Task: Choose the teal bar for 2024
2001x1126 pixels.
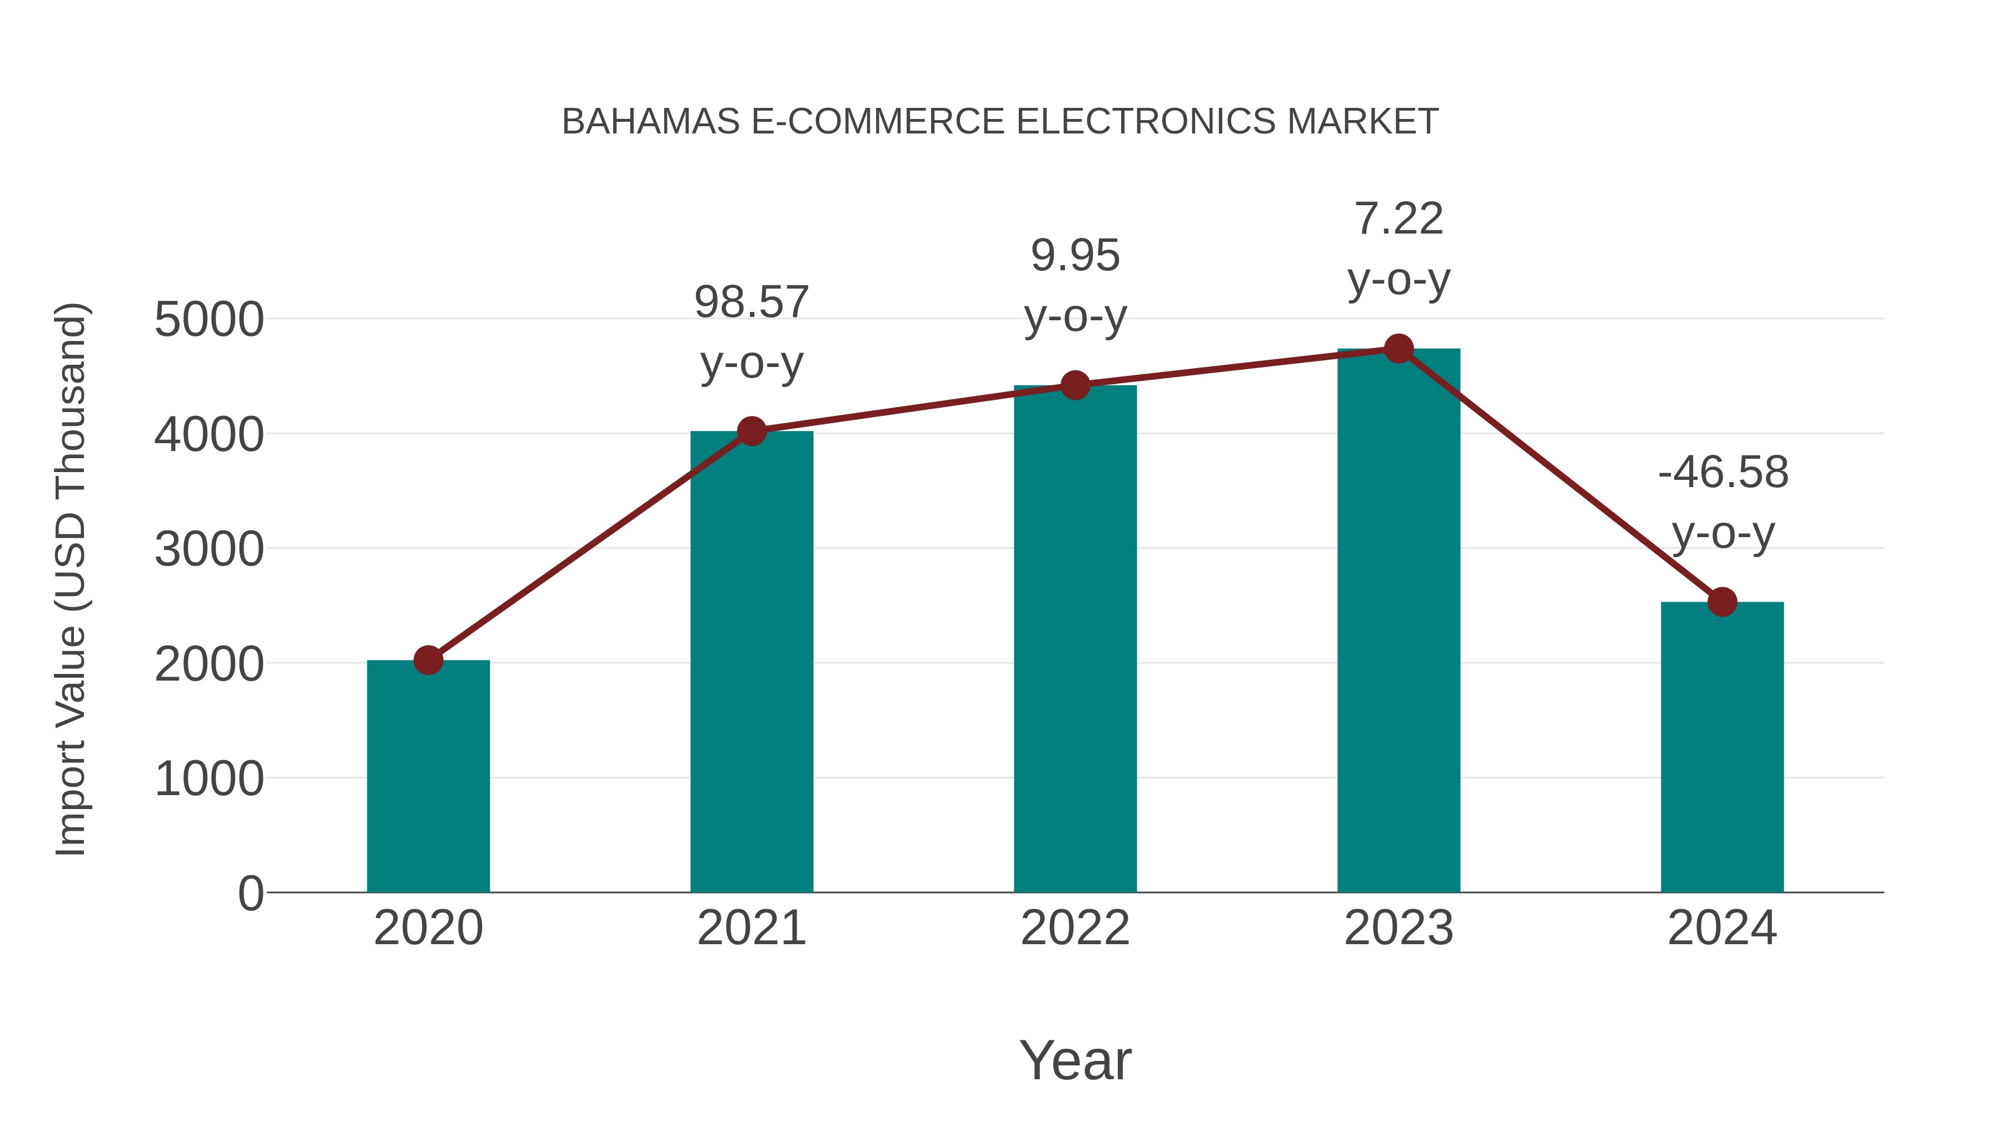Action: (x=1722, y=747)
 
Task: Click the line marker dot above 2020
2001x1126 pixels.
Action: (x=428, y=661)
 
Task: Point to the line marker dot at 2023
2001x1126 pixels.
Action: (x=1398, y=349)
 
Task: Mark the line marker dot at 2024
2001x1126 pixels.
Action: (x=1722, y=602)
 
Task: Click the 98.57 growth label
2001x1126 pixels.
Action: (x=751, y=302)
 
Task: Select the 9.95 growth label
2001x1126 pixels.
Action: (x=1075, y=256)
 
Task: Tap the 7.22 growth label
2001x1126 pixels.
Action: (x=1398, y=219)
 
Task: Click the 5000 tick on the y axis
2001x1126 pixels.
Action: (x=209, y=319)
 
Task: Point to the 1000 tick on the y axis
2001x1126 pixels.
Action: (x=209, y=778)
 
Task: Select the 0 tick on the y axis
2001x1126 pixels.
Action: (x=251, y=893)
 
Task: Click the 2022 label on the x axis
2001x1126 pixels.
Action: (x=1075, y=928)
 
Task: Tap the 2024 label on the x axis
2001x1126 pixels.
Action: (x=1722, y=928)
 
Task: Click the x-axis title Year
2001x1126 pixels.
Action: (x=1075, y=1060)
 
